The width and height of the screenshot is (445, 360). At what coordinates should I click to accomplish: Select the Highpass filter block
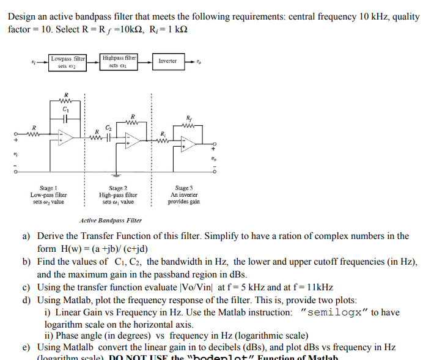click(x=119, y=62)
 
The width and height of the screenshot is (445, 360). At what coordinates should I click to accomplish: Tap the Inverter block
click(x=167, y=61)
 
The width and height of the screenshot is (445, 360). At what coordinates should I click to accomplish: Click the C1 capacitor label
click(x=65, y=109)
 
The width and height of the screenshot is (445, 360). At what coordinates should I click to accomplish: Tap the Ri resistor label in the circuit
click(x=162, y=133)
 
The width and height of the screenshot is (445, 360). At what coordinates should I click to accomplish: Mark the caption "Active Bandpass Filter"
click(x=111, y=220)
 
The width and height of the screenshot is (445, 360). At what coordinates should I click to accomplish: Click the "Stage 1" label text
click(x=47, y=189)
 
